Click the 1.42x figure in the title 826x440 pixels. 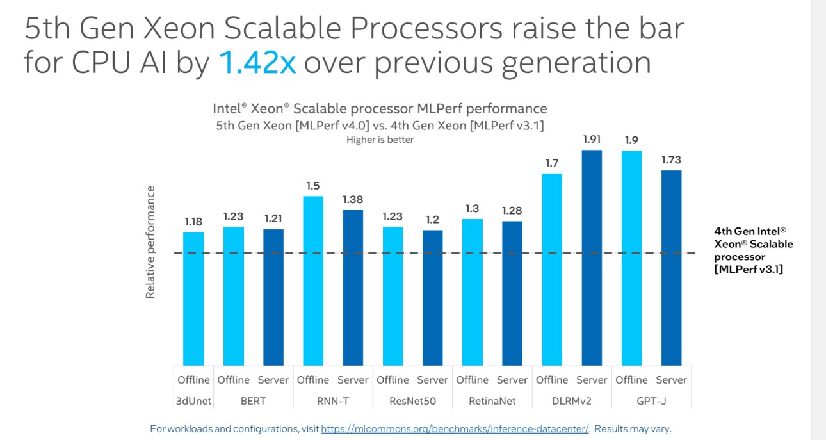(x=257, y=63)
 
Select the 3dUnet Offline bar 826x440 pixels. (x=193, y=298)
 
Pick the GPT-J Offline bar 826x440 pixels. (x=631, y=257)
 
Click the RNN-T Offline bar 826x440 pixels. (x=312, y=281)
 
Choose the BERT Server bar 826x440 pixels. (x=273, y=297)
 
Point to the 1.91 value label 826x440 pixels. (x=592, y=138)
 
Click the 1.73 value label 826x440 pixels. (x=671, y=159)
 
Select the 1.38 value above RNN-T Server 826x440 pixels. (x=353, y=199)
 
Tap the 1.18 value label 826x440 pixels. (x=193, y=222)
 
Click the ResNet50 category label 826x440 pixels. (x=412, y=402)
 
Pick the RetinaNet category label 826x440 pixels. (x=492, y=402)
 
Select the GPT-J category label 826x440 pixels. (x=651, y=402)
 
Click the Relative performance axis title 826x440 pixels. (x=150, y=242)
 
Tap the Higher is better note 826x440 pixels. (x=380, y=140)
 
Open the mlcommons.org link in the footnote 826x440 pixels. (x=455, y=428)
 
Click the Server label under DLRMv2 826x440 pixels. (x=592, y=380)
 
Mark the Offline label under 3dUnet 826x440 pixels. (x=193, y=380)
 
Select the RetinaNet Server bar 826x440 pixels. (x=512, y=293)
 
